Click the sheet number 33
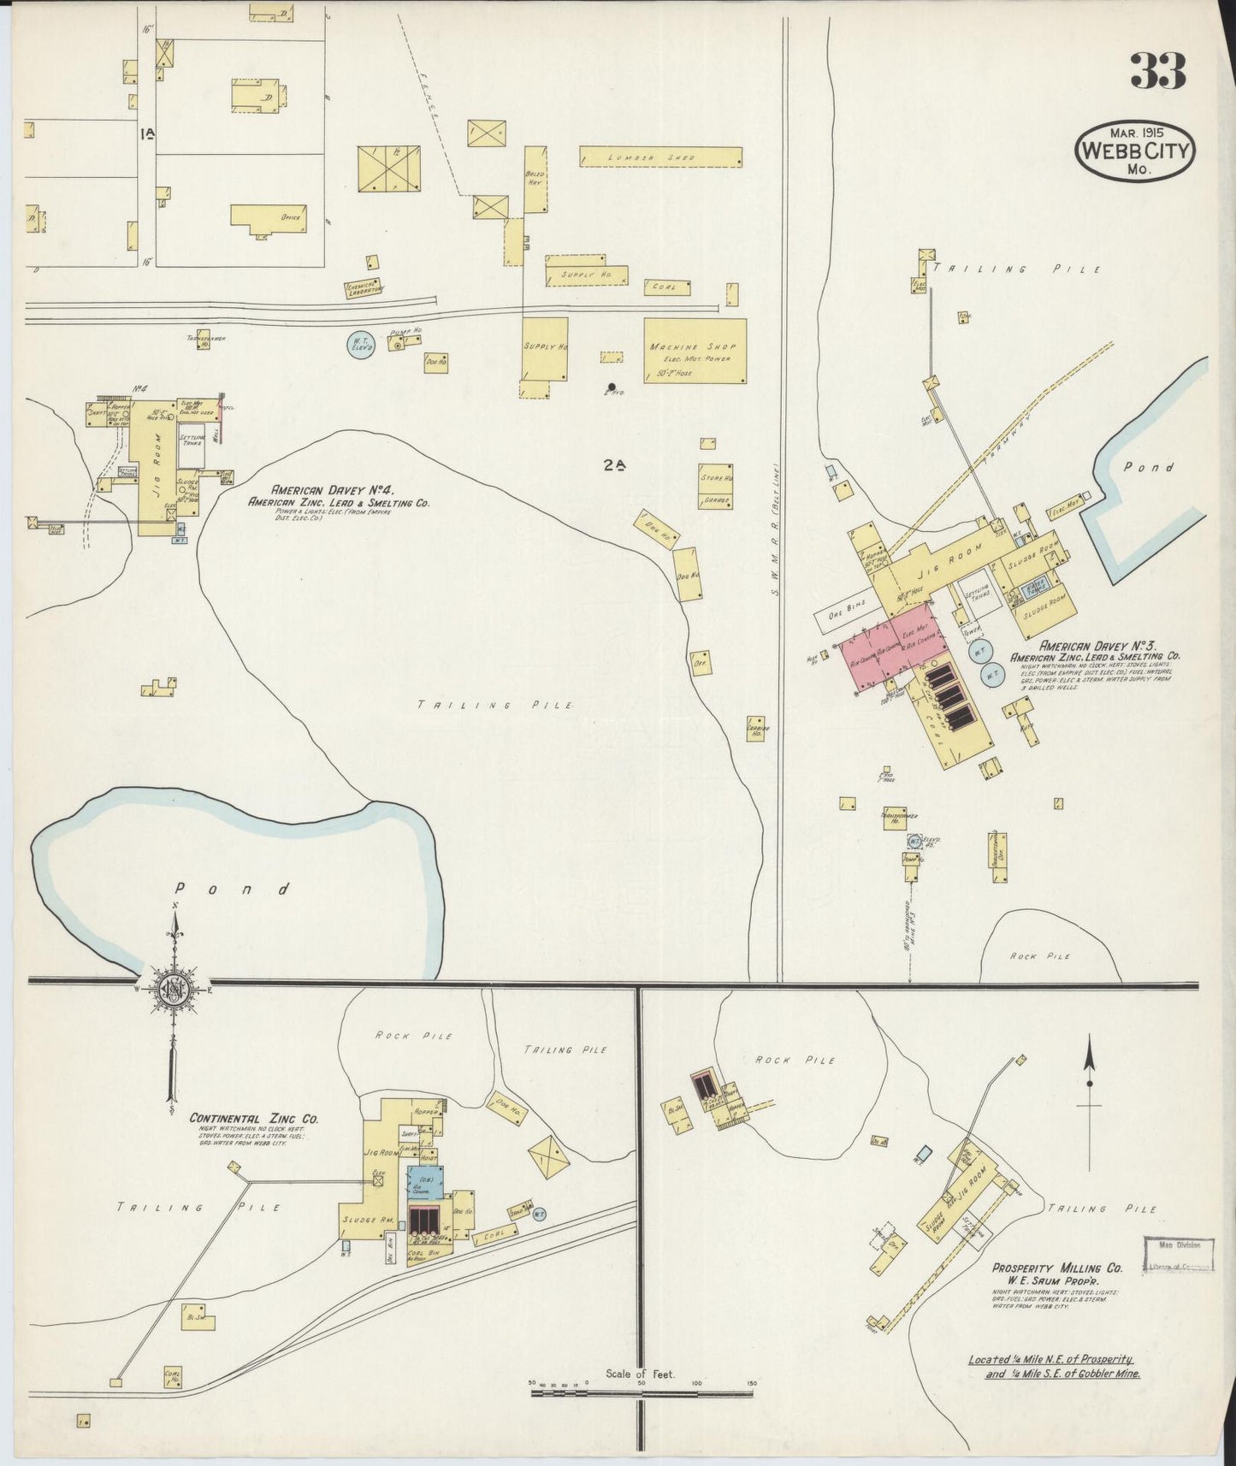[x=1157, y=72]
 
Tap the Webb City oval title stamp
[x=1134, y=151]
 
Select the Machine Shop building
[x=694, y=351]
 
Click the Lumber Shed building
[x=659, y=157]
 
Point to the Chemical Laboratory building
[x=363, y=289]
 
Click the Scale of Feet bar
[x=642, y=1392]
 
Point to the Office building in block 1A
[x=267, y=216]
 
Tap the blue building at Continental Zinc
[x=425, y=1184]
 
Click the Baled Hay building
[x=535, y=179]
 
